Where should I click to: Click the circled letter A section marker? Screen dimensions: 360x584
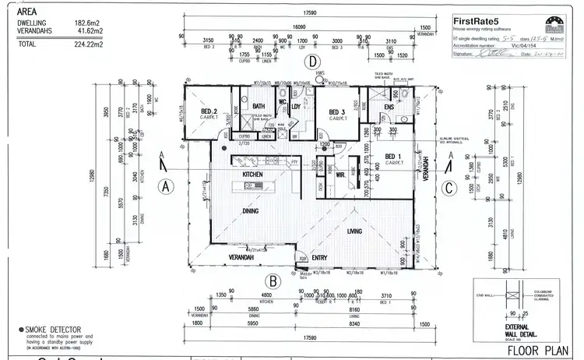[x=165, y=185]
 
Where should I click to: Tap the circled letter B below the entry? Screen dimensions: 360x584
[x=273, y=281]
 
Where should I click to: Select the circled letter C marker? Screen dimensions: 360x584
[x=449, y=187]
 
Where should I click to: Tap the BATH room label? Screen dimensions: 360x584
[x=259, y=106]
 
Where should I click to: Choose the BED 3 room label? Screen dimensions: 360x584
[x=336, y=111]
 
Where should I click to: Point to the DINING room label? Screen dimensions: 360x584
[x=250, y=211]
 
